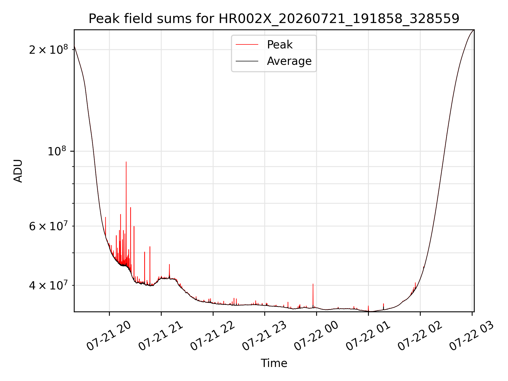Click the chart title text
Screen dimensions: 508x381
tap(274, 19)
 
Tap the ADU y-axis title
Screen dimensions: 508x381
tap(18, 171)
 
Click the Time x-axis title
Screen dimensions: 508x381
tap(274, 363)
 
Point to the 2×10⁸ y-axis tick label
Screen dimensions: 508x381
tap(48, 49)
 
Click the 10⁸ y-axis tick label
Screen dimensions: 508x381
tap(57, 151)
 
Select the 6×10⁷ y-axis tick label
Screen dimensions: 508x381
tap(48, 226)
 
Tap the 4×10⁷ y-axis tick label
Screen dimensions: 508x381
tap(48, 285)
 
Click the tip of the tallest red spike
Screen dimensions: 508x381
tap(126, 162)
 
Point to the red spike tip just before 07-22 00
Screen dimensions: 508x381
tap(313, 284)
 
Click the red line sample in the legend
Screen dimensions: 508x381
tap(247, 44)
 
